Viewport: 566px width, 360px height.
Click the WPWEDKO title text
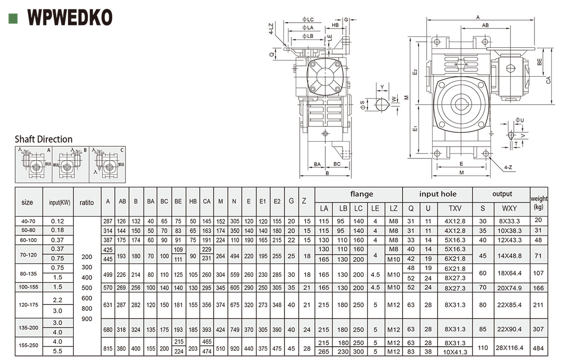[69, 18]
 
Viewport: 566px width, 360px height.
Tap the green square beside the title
[13, 18]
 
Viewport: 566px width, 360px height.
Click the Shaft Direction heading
[43, 139]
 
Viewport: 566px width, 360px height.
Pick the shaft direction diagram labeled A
[33, 164]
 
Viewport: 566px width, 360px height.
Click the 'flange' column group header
[361, 194]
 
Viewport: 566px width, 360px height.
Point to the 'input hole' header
[438, 194]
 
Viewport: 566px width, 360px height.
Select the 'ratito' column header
[87, 202]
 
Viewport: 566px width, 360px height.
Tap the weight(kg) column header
[539, 202]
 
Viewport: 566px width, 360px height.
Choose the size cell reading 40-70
[29, 221]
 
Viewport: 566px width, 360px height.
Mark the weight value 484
[539, 347]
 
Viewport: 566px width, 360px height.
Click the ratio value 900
[87, 319]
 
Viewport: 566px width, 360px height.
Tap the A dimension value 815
[108, 347]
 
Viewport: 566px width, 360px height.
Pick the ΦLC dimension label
[308, 19]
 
